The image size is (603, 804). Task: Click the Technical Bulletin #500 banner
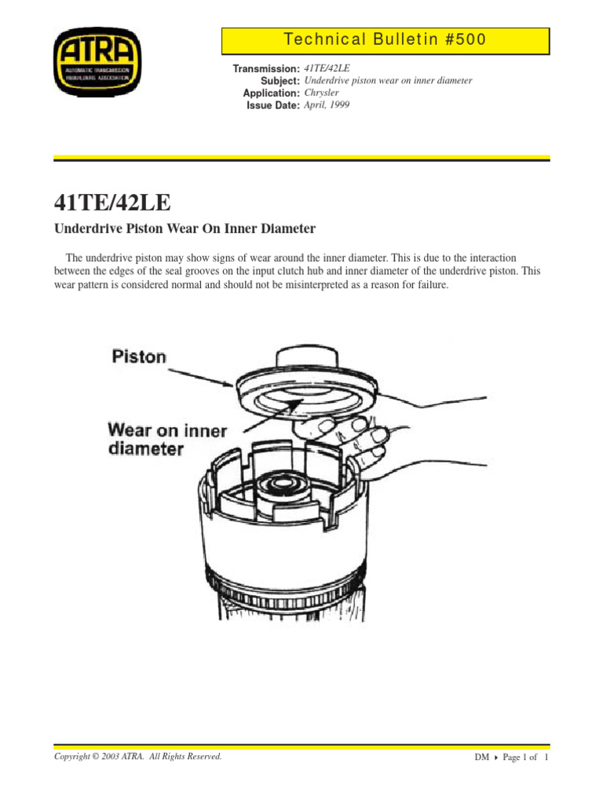click(x=385, y=39)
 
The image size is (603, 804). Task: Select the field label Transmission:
click(x=267, y=69)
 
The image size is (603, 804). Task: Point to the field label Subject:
click(x=280, y=81)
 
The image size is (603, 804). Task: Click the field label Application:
click(x=272, y=93)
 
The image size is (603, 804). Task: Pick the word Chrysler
click(x=324, y=93)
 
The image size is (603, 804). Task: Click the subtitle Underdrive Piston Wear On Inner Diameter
click(x=184, y=229)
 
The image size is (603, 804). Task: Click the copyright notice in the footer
click(x=137, y=757)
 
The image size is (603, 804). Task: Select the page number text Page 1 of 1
click(x=525, y=758)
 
